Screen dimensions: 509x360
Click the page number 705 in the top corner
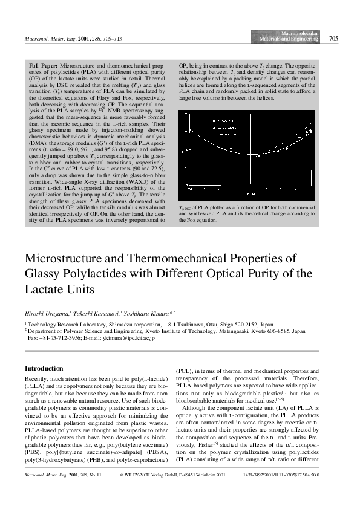click(x=333, y=39)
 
